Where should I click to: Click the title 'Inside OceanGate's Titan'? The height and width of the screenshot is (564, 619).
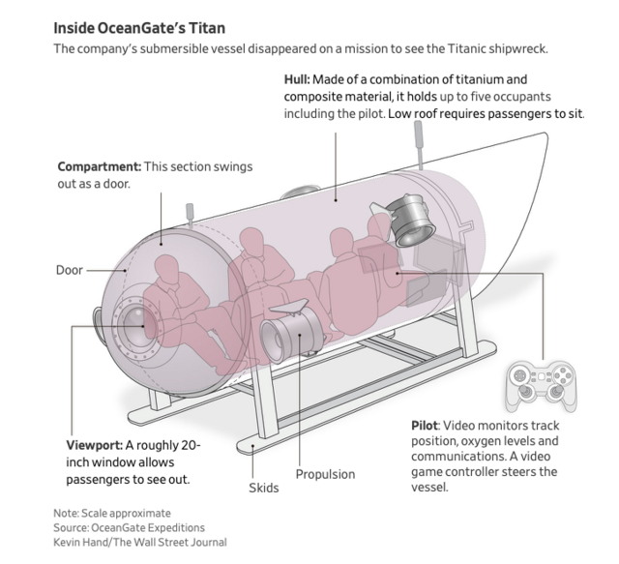(x=139, y=28)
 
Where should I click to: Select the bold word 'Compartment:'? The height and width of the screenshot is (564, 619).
(x=100, y=166)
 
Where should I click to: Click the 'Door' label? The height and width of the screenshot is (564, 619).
(x=70, y=270)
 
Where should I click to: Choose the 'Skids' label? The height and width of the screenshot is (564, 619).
(x=262, y=488)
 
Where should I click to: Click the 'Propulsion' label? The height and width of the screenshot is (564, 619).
(x=325, y=474)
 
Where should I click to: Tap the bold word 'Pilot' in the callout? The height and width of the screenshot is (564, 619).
(x=427, y=427)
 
